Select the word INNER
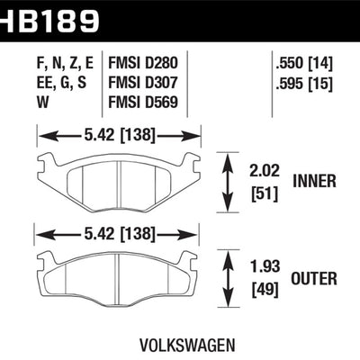(x=314, y=181)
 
